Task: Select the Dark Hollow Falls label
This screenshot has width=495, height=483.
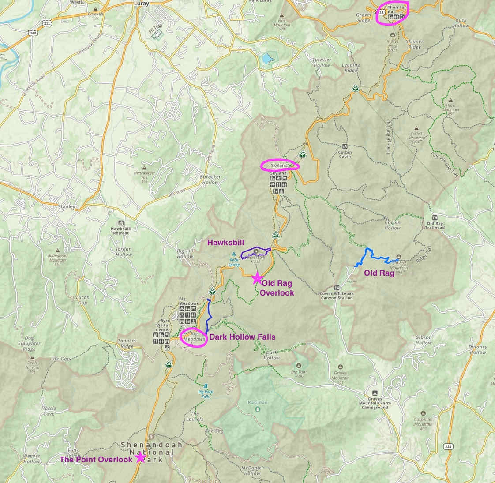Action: click(242, 337)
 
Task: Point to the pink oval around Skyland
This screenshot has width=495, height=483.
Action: click(280, 165)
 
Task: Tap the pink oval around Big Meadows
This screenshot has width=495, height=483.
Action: click(194, 337)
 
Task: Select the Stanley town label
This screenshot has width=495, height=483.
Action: click(67, 206)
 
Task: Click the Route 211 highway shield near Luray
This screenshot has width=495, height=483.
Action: click(46, 23)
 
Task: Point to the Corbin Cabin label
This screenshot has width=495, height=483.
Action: click(345, 154)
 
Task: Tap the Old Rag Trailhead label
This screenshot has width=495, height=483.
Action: click(435, 225)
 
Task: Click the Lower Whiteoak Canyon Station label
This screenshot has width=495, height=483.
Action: click(337, 295)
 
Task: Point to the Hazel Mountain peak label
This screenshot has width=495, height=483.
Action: click(450, 110)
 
